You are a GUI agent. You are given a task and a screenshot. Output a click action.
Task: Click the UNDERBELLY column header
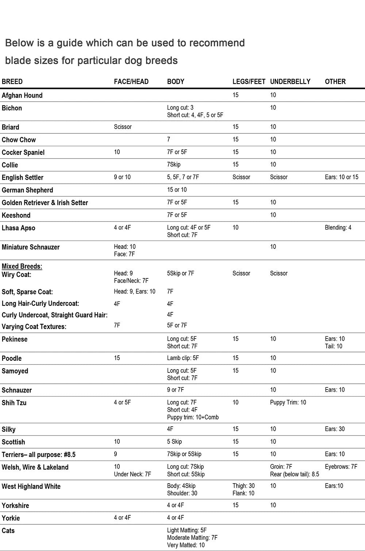point(290,82)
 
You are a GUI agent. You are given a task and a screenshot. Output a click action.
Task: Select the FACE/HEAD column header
point(131,82)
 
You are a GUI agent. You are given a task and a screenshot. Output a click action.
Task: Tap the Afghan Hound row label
point(22,95)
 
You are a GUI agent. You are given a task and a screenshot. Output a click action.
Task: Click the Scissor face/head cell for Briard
point(123,127)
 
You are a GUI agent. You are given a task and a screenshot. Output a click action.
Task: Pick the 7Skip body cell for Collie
point(174,164)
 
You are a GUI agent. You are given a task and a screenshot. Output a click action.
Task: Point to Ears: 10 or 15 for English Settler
point(342,177)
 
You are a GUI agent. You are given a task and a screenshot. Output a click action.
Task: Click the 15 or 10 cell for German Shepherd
point(177,189)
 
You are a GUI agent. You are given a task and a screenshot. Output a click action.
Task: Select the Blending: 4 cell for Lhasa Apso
point(338,227)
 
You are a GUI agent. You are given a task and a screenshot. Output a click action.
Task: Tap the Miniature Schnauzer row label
point(31,247)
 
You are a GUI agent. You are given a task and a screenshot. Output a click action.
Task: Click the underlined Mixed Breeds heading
point(22,266)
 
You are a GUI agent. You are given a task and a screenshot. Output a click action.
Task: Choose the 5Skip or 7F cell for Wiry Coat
point(181,273)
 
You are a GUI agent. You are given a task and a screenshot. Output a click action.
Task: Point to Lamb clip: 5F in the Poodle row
point(183,358)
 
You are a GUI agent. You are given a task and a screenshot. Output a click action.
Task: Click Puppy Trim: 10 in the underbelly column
point(288,402)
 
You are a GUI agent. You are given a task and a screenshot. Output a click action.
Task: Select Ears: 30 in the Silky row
point(335,429)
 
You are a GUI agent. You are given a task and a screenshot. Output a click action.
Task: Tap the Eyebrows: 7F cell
point(341,466)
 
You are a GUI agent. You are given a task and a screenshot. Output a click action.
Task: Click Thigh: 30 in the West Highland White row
point(243,486)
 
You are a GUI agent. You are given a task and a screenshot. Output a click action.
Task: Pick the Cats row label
point(8,531)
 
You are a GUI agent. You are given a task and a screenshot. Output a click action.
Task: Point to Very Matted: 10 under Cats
point(186,545)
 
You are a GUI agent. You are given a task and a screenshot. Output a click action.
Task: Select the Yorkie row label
point(11,518)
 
